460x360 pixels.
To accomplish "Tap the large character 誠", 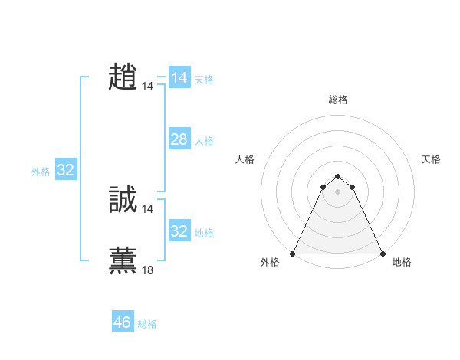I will coord(123,199).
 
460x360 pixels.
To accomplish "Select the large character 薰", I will coord(123,260).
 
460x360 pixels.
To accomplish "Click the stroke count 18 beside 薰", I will coord(148,270).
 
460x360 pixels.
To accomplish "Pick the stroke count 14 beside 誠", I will coord(148,209).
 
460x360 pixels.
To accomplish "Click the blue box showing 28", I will coord(179,139).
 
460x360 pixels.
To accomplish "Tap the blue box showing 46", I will coord(123,322).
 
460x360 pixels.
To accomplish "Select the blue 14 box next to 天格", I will coord(179,78).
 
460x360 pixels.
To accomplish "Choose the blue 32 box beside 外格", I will coord(65,170).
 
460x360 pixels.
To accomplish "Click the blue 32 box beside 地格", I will coord(179,231).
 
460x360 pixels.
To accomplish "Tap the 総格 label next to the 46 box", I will coord(147,324).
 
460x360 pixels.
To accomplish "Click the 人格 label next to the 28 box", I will coord(204,141).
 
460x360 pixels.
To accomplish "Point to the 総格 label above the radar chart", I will coord(338,100).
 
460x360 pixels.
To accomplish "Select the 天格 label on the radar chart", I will coord(431,159).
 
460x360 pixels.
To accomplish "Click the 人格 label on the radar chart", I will coord(245,159).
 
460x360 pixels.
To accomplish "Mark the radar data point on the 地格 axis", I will coord(382,253).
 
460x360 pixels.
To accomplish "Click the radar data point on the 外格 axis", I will coord(294,253).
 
